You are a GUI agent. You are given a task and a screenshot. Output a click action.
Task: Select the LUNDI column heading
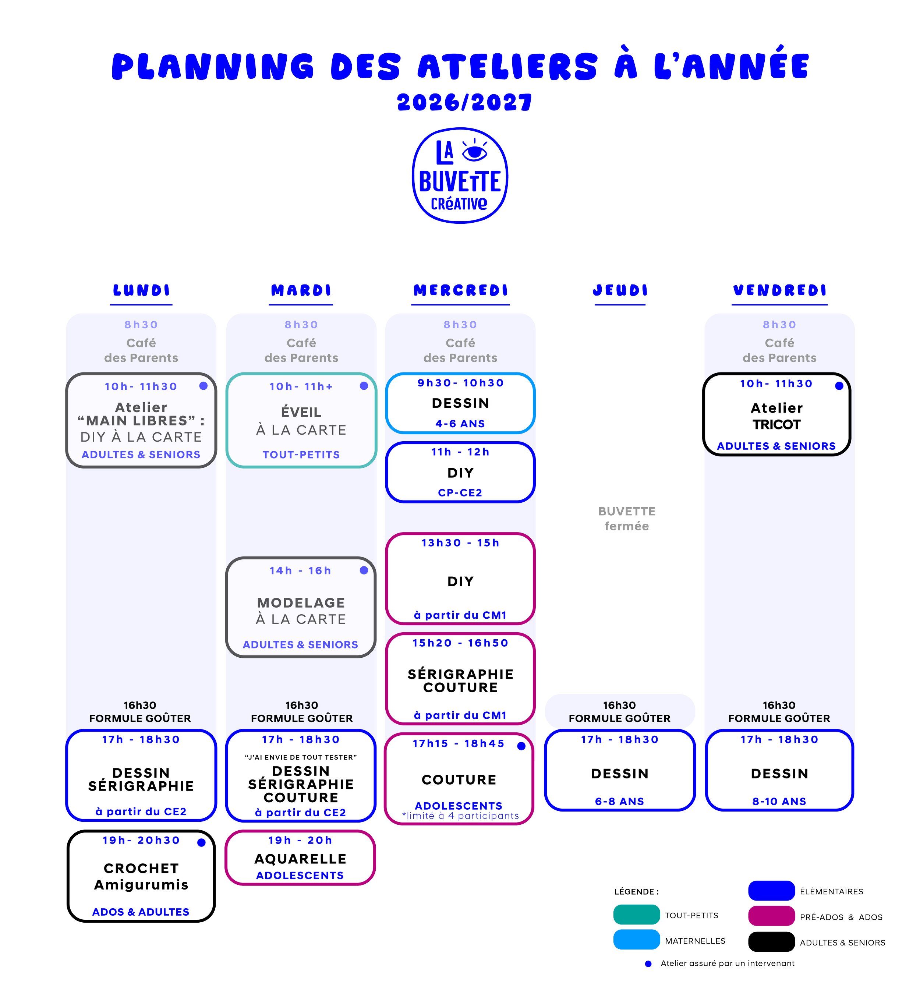[141, 290]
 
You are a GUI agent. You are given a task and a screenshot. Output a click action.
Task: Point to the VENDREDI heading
[780, 290]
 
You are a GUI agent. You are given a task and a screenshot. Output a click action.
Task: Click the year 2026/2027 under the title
[464, 103]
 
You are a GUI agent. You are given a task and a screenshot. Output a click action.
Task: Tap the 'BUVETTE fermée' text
[627, 519]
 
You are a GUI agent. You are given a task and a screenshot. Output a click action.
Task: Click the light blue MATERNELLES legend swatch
[637, 940]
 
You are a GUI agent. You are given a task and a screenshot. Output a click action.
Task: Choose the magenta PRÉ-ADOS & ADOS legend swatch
[772, 916]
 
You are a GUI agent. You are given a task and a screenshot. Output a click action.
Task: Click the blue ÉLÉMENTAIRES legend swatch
[772, 890]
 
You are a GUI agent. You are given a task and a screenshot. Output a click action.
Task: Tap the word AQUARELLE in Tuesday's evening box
[301, 859]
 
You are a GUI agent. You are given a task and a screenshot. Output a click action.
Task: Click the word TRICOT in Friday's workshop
[776, 425]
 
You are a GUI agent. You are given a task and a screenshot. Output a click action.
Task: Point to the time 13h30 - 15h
[460, 543]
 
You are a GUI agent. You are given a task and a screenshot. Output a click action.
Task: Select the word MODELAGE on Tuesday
[301, 602]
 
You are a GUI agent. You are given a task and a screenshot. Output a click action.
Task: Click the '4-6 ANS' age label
[460, 424]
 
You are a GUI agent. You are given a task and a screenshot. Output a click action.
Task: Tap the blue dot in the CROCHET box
[202, 842]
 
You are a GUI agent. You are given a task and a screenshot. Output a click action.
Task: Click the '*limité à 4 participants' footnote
[460, 816]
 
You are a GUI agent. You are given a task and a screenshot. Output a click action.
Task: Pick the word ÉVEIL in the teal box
[301, 412]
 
